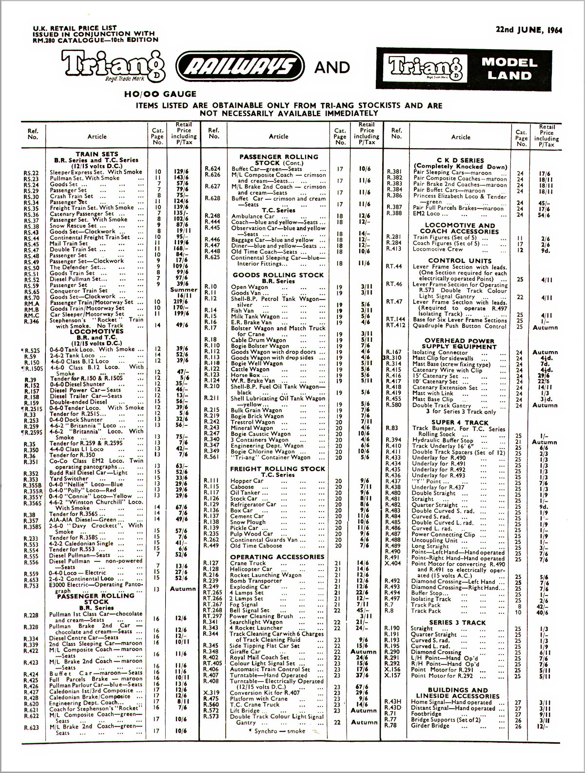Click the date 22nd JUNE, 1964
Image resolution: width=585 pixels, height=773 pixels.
point(528,30)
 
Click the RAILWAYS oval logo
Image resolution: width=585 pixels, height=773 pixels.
point(239,67)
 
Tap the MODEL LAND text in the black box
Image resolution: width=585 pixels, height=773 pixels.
point(509,69)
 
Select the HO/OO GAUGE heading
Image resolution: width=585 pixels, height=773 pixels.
point(160,94)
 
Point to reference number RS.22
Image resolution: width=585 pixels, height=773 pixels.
point(31,173)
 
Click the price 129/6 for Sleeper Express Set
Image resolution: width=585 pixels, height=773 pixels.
point(181,172)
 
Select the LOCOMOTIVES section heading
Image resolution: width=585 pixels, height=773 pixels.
point(97,332)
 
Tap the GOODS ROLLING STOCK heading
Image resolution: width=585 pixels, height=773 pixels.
point(278,275)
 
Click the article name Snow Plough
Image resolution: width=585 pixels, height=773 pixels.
point(245,522)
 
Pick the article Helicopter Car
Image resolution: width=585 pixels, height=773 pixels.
point(251,569)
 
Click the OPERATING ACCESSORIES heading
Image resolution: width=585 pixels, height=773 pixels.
point(277,557)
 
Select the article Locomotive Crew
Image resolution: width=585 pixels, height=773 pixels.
point(438,249)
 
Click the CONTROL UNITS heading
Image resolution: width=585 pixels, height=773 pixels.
point(460,260)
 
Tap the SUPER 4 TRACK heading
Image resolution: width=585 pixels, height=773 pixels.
point(460,422)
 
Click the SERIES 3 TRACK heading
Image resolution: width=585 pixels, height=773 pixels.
point(457,623)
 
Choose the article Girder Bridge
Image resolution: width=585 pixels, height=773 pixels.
point(430,725)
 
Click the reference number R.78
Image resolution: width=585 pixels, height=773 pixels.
point(390,725)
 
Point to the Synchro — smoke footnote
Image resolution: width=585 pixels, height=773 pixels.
point(279,731)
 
